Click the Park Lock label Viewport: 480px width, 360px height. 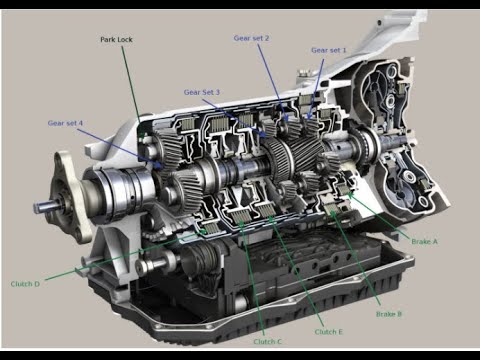point(118,40)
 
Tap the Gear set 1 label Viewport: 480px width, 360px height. point(329,49)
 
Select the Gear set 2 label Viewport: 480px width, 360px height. point(251,37)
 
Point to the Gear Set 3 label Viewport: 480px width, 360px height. point(201,92)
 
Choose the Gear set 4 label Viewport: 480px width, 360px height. point(66,123)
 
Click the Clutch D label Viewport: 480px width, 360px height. point(25,284)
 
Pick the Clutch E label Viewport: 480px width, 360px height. point(327,331)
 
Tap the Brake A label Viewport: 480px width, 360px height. point(425,242)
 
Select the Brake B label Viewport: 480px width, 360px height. point(389,314)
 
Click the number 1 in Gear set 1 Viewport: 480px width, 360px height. point(344,49)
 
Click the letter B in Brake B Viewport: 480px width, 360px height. point(399,314)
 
